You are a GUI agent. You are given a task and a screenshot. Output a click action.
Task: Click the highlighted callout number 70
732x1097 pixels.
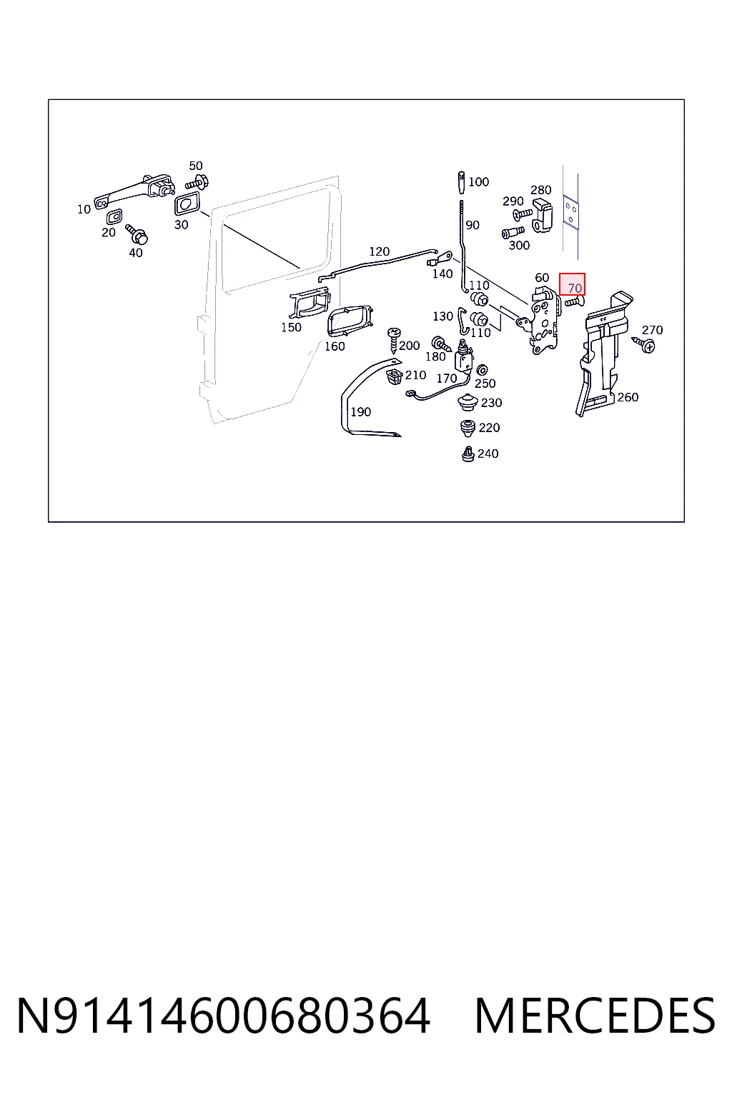[575, 288]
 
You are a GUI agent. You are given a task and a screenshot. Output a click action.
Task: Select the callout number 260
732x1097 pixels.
[628, 396]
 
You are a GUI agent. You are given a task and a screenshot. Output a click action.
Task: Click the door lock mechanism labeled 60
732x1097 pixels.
[545, 320]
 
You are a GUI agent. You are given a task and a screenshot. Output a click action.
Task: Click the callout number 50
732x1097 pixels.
[196, 166]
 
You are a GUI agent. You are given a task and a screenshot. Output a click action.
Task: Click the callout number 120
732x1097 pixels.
[379, 251]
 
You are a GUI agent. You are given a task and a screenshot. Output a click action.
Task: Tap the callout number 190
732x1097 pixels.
[360, 412]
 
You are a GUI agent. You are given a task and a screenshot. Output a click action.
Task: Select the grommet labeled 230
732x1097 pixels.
[468, 403]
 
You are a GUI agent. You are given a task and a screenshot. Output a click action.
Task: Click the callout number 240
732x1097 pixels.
[488, 454]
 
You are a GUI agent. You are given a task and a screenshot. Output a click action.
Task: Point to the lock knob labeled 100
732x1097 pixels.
[461, 182]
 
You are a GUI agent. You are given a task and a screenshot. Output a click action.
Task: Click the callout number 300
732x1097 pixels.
[519, 245]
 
